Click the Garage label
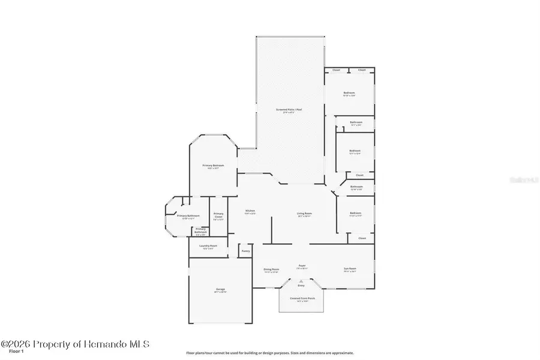click(x=221, y=290)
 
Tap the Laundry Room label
click(x=209, y=247)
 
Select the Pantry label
click(x=245, y=251)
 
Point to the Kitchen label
click(x=251, y=212)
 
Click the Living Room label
click(x=304, y=214)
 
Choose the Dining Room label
click(x=271, y=270)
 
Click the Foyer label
click(x=302, y=266)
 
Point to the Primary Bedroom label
click(x=213, y=166)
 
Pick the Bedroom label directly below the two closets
click(x=349, y=94)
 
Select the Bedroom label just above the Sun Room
click(x=356, y=214)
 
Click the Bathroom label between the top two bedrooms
click(x=356, y=123)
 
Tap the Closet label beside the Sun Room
click(x=362, y=238)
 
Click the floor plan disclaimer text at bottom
click(x=270, y=353)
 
